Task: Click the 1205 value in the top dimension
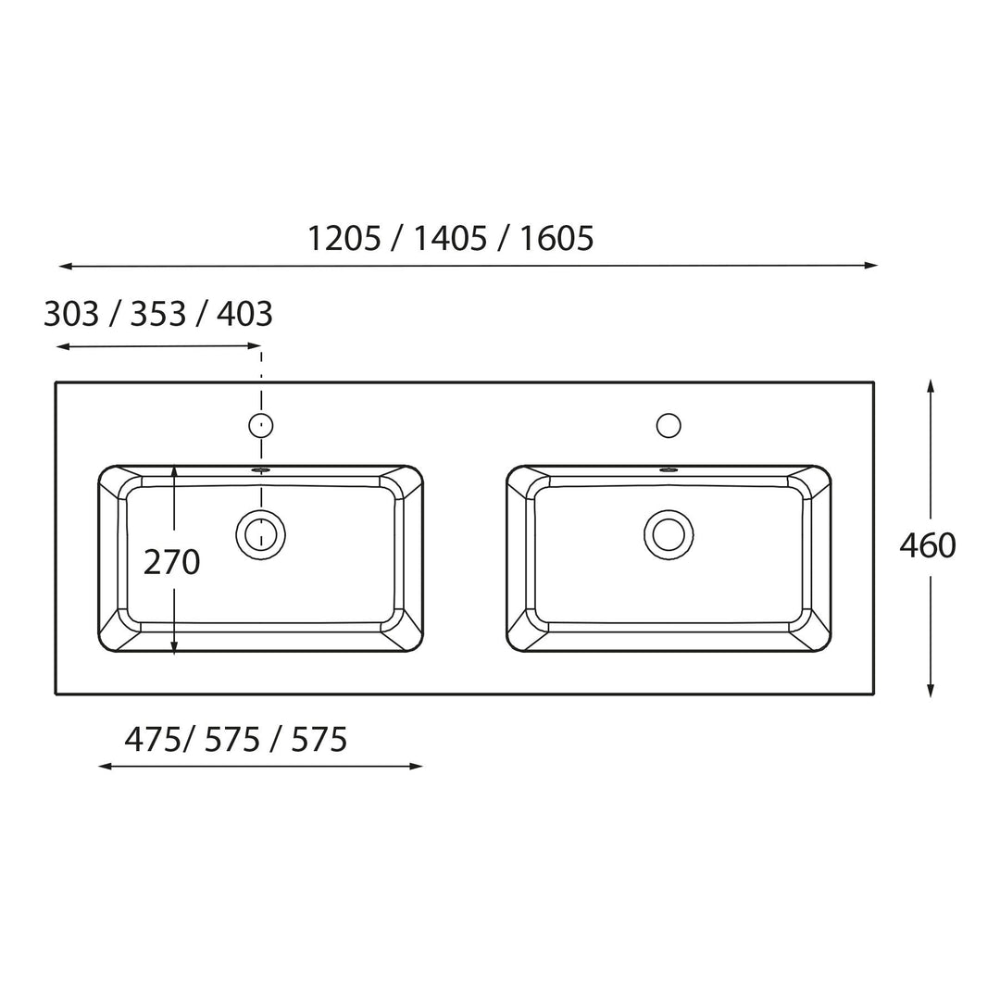point(344,239)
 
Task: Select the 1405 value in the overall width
point(450,239)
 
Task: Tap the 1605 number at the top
point(556,239)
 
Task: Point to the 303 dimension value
point(71,314)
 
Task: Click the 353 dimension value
point(158,314)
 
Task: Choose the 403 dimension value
point(244,314)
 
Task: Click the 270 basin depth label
point(171,562)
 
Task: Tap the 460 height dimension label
point(927,545)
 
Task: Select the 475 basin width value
point(153,740)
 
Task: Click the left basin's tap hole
point(261,425)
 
